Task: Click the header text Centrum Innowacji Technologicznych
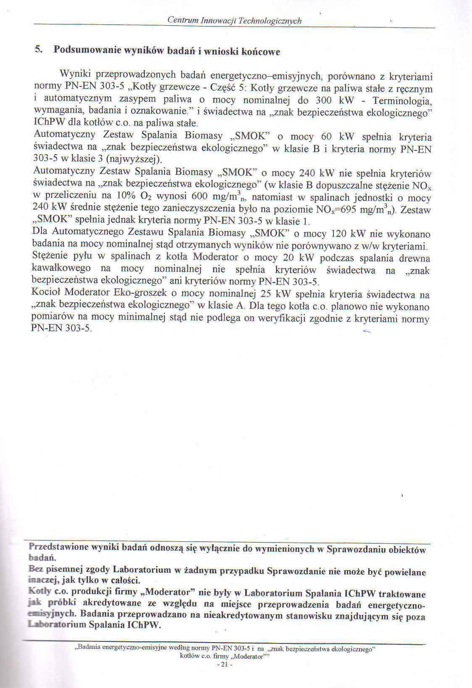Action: [234, 21]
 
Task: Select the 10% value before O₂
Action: [126, 196]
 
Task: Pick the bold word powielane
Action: [406, 572]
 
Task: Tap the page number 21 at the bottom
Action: [223, 664]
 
